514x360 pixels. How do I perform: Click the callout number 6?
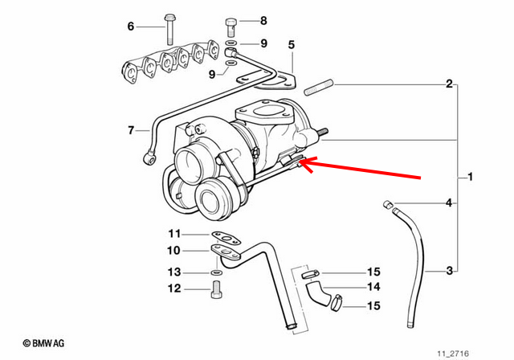point(131,26)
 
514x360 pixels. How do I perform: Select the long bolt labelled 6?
point(169,29)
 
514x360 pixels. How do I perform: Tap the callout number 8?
point(263,21)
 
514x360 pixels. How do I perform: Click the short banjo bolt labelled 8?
point(230,27)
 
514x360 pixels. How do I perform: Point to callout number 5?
point(292,44)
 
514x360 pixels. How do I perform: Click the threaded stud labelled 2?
point(319,88)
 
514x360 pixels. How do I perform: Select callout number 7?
point(131,130)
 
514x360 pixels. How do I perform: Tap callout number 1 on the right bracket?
point(471,177)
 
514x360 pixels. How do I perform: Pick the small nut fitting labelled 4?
point(388,204)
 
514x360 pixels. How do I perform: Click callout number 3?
point(450,271)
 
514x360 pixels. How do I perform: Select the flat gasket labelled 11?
point(226,238)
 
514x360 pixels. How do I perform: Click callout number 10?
point(173,251)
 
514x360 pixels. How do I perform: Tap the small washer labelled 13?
point(216,272)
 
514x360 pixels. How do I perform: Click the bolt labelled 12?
point(216,289)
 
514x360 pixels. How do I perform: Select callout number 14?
point(373,287)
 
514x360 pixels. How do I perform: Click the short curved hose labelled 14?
point(318,293)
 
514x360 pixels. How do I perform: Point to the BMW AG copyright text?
point(43,343)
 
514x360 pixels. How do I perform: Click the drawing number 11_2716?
point(453,354)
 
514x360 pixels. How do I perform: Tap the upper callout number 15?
point(373,272)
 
